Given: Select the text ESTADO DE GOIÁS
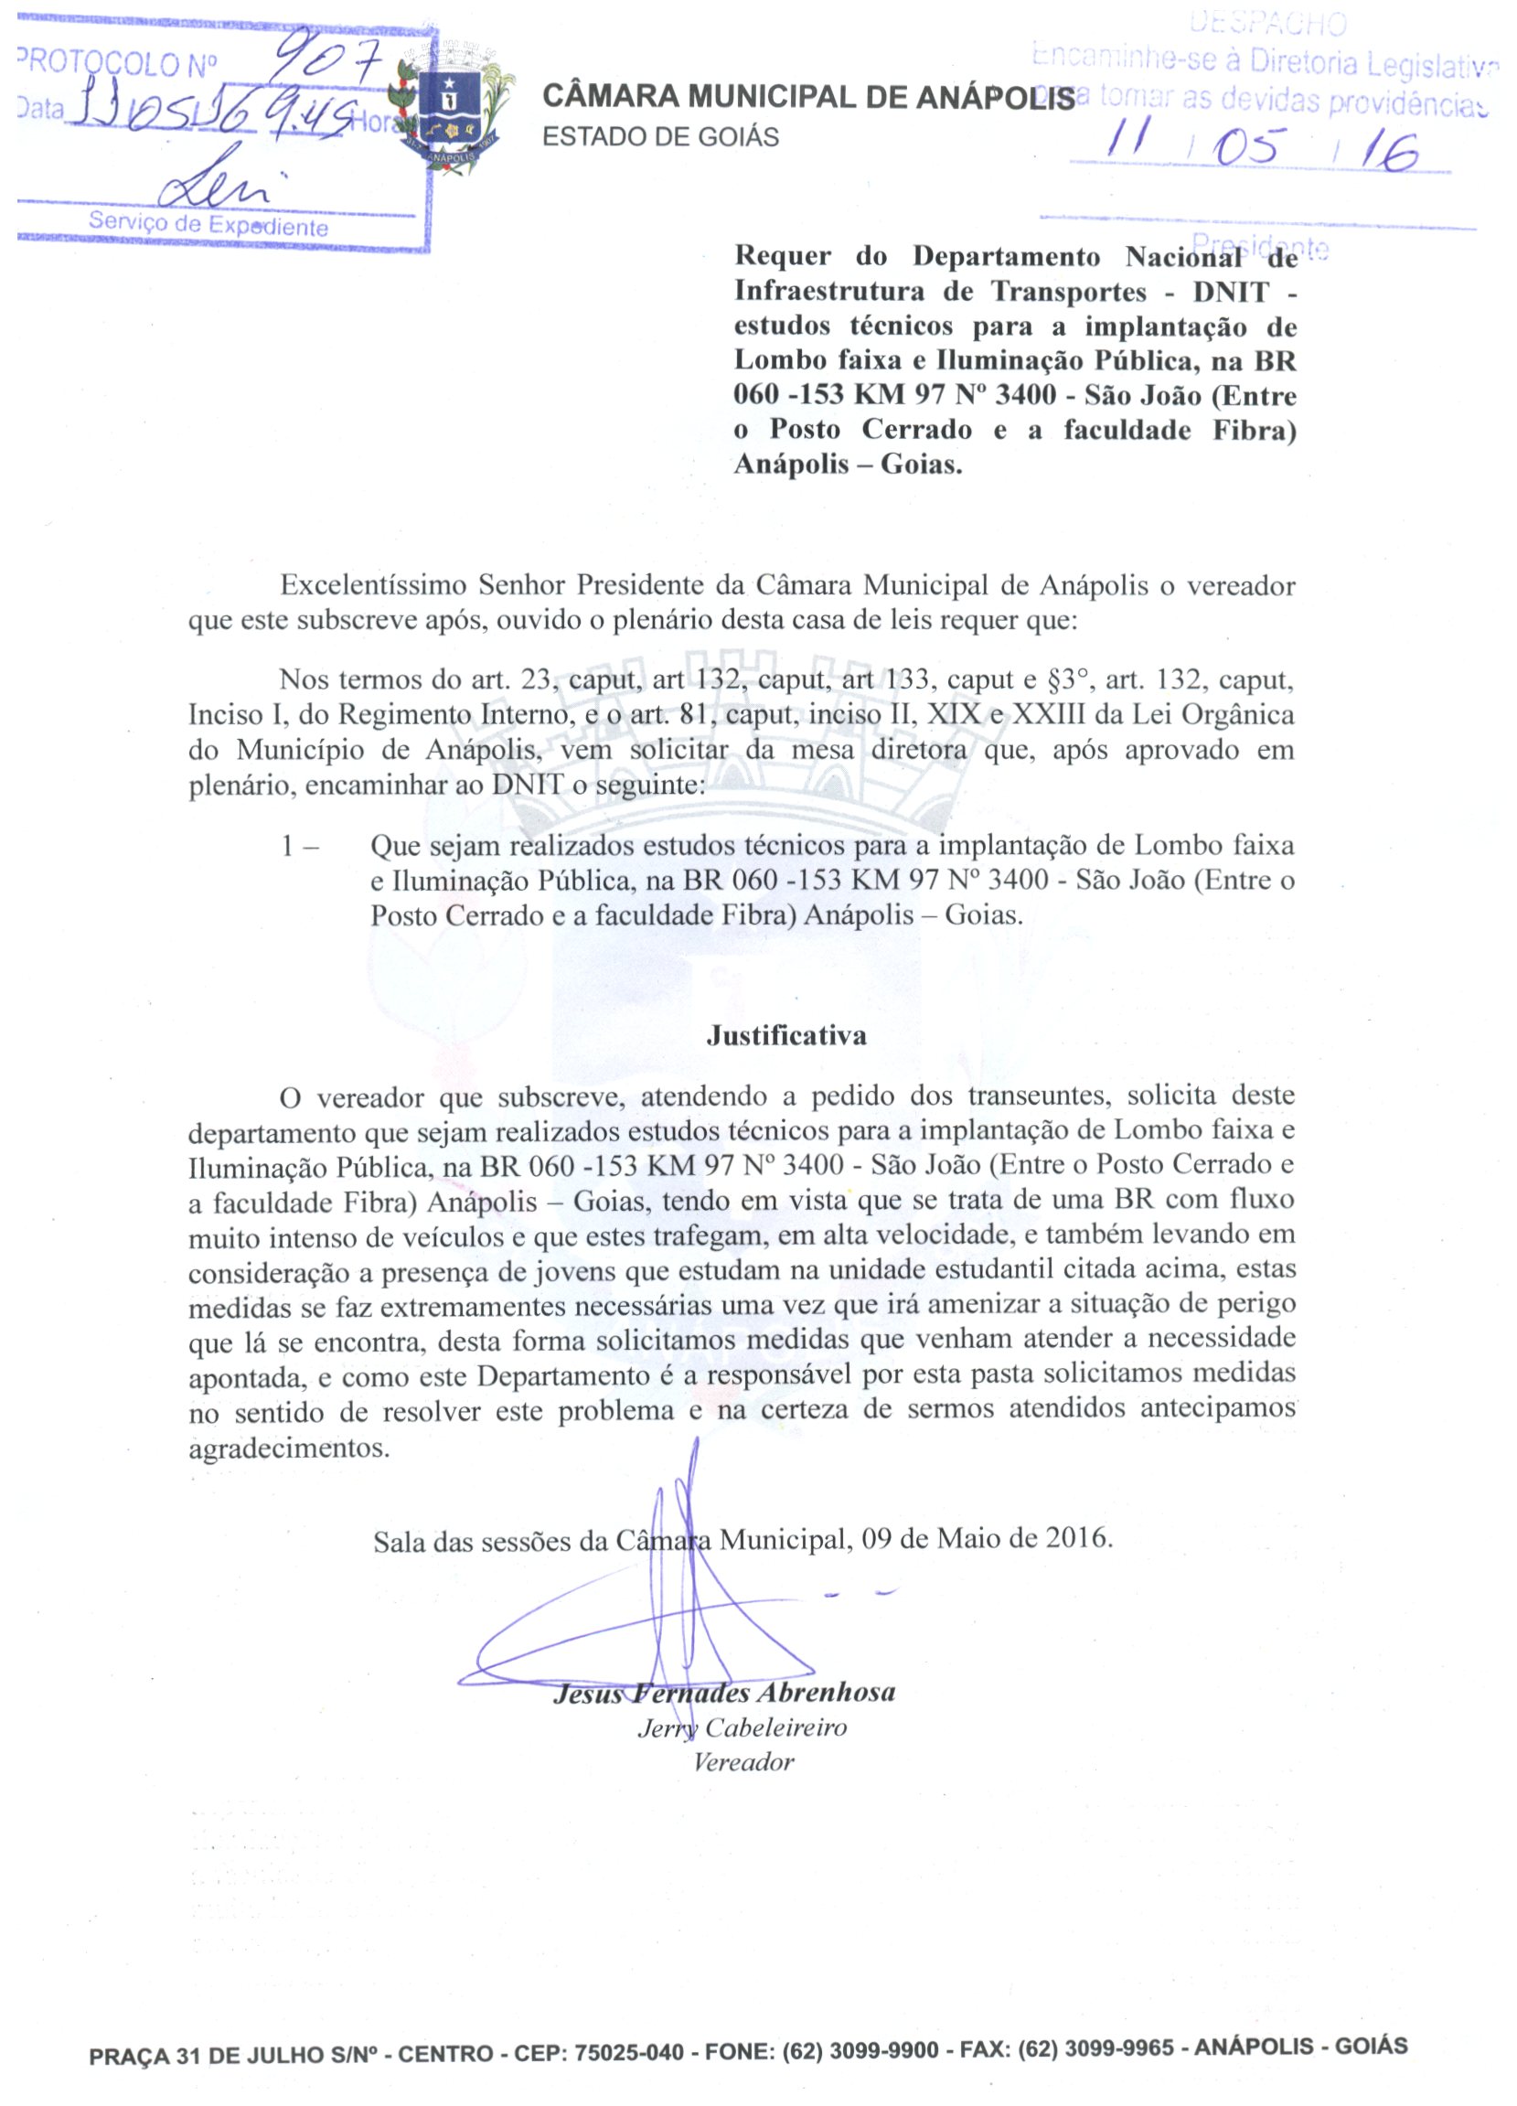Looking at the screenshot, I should coord(660,137).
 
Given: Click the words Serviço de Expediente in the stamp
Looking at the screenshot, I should coord(208,225).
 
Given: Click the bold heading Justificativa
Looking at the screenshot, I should coord(786,1035).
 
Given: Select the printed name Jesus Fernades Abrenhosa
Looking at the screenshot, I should coord(724,1693).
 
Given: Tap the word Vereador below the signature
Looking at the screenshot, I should coord(743,1762).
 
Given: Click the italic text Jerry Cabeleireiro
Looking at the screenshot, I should coord(742,1728).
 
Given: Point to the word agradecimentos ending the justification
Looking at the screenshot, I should coord(289,1449).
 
